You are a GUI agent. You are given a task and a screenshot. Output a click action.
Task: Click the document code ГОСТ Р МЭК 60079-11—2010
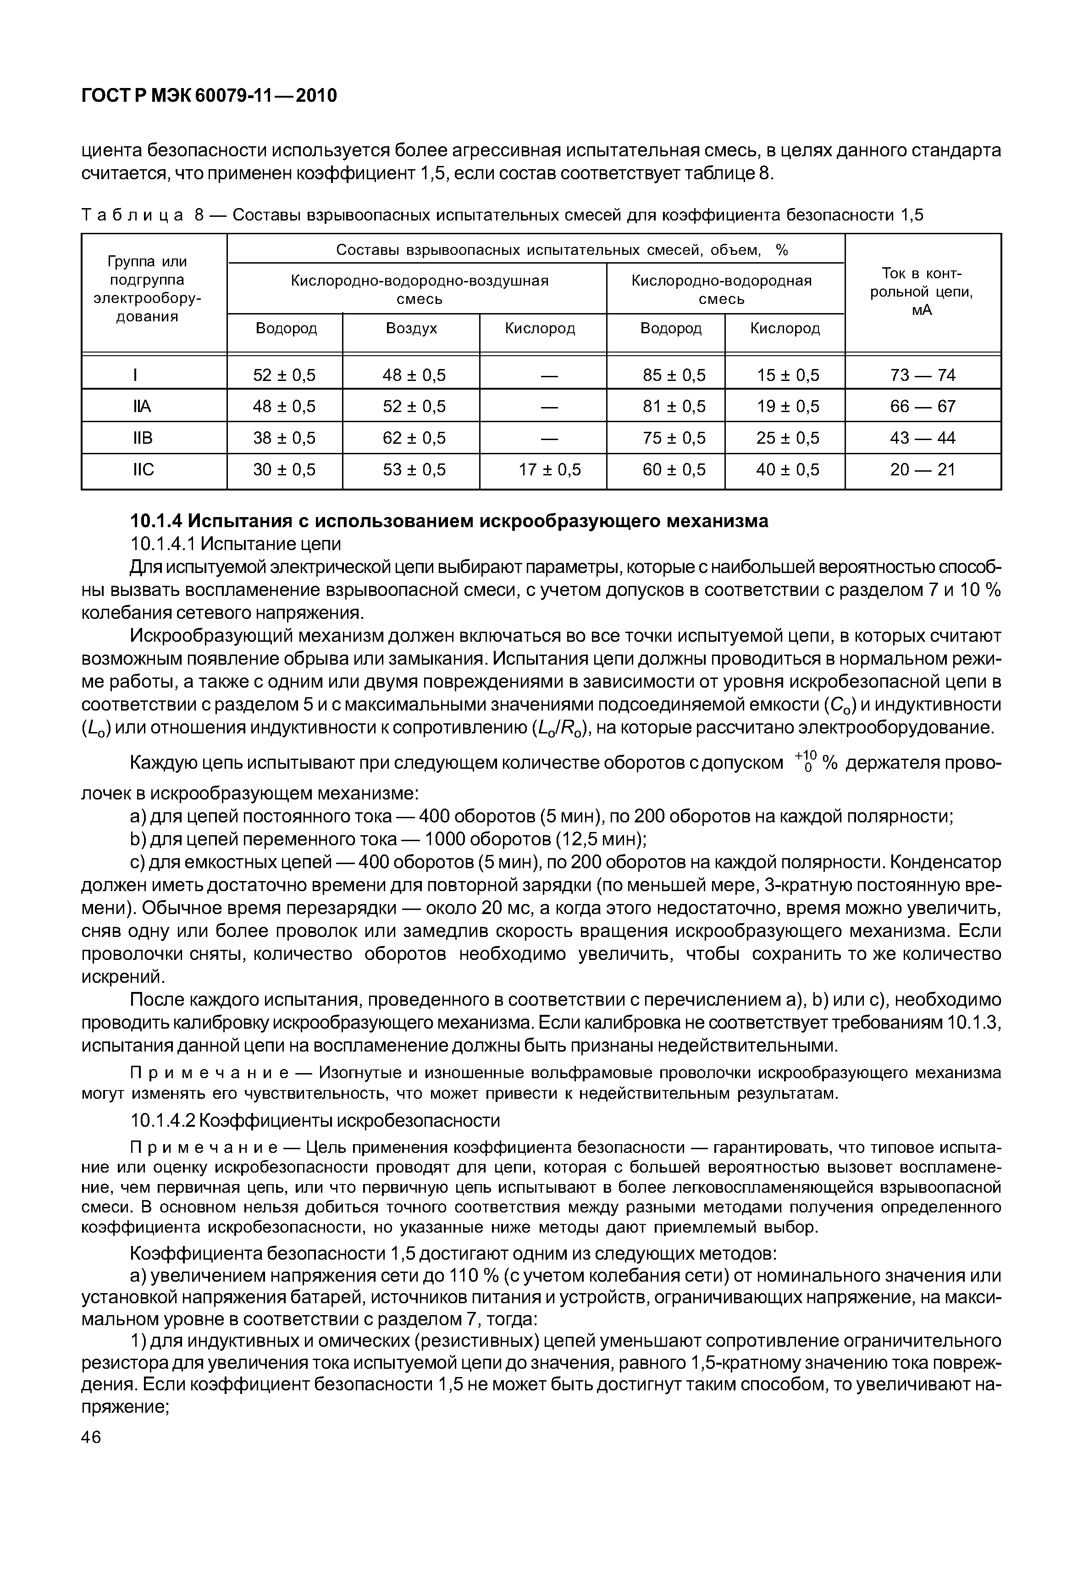209,96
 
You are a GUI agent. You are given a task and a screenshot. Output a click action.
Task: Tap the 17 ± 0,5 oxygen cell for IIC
550,469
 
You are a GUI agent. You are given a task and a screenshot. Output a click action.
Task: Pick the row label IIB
143,438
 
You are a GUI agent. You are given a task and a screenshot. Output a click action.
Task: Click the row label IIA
143,407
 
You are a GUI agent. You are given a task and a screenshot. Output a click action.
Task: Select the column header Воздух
411,329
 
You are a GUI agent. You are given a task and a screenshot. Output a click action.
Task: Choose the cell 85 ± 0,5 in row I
674,375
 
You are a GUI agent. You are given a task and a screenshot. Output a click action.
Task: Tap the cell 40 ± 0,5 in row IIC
787,469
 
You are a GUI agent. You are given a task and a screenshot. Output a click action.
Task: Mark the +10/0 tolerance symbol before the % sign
806,762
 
